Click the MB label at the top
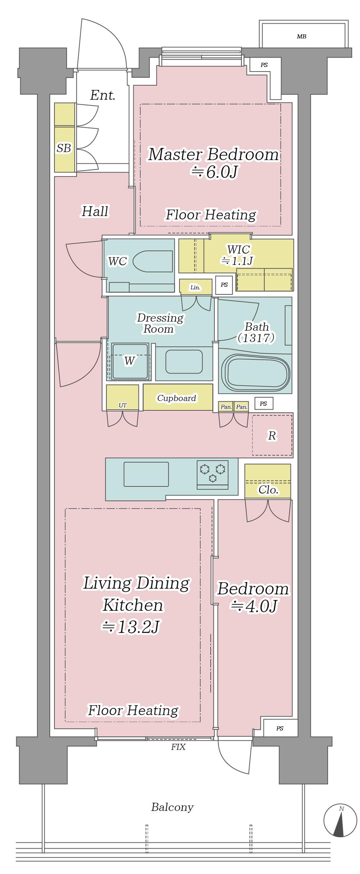(302, 37)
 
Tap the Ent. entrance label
(103, 95)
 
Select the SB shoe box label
(64, 148)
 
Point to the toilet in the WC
(153, 261)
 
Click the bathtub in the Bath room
(256, 373)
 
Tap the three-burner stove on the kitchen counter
(212, 474)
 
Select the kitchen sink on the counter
(146, 474)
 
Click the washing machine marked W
(130, 361)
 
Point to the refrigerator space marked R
(272, 435)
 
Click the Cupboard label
(176, 398)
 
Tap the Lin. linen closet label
(195, 287)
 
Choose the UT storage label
(122, 405)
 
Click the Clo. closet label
(269, 490)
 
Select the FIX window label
(178, 747)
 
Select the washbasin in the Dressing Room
(184, 362)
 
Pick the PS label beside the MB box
(264, 65)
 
